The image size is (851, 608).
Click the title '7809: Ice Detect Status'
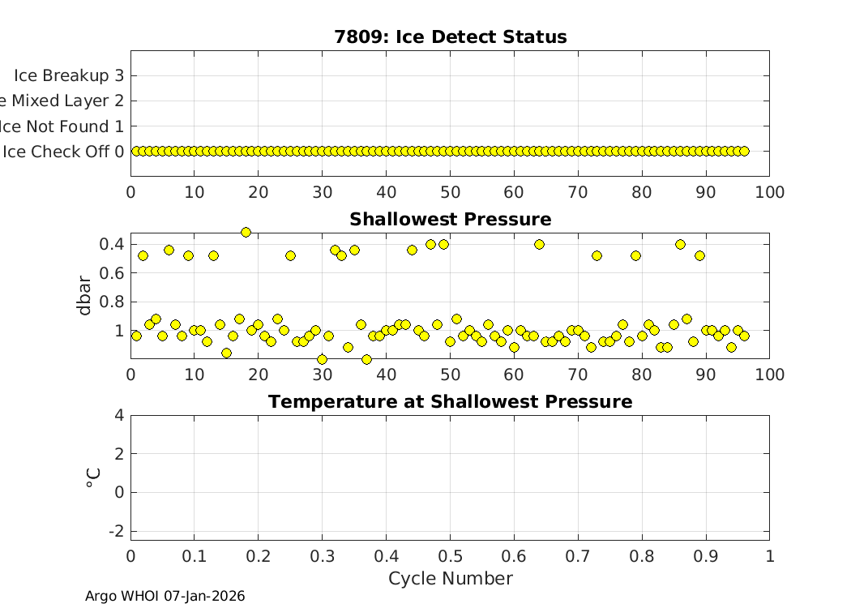tap(450, 37)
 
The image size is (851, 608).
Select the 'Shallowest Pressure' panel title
tap(450, 220)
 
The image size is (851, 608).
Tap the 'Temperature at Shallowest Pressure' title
tap(450, 402)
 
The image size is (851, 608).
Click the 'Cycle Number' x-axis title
tap(450, 578)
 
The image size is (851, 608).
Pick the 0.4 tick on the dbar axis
tap(112, 244)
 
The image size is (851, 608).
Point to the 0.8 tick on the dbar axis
tap(112, 302)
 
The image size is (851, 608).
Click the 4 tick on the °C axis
tap(119, 415)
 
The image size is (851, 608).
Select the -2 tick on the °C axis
tap(115, 530)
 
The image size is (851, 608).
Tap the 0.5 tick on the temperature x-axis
tap(450, 556)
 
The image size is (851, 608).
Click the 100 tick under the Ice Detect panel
tap(769, 192)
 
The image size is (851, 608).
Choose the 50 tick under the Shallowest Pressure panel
tap(450, 375)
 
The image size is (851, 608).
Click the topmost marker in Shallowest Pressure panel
tap(246, 232)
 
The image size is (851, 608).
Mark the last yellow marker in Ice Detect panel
tap(744, 151)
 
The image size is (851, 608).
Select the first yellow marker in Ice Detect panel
tap(137, 151)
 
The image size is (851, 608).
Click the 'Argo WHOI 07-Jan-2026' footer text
tap(165, 596)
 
